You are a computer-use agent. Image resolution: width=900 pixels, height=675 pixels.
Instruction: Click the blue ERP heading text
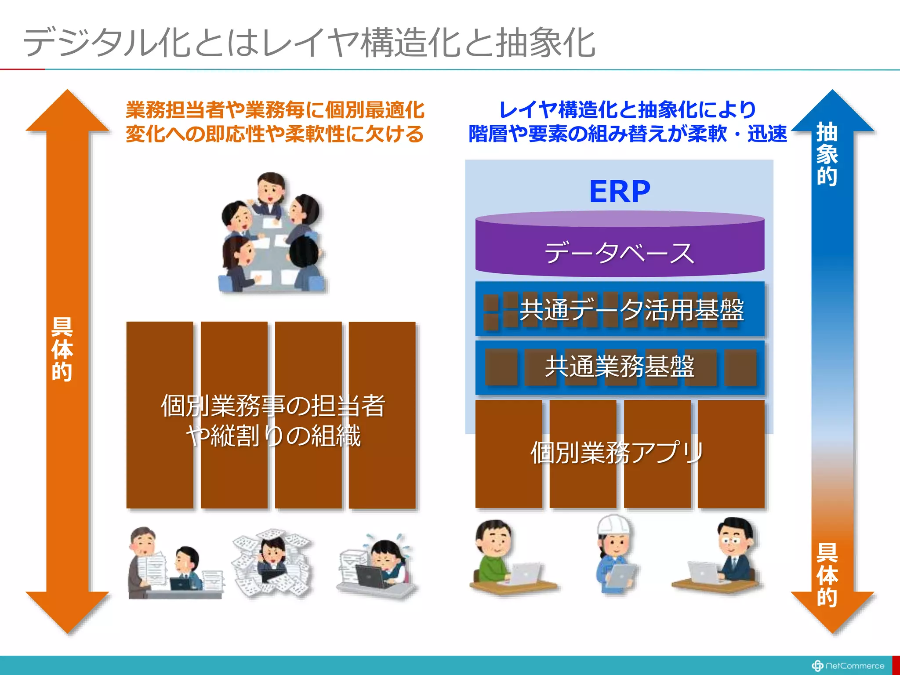[x=620, y=192]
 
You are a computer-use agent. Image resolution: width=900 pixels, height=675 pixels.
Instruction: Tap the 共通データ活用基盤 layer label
[x=631, y=310]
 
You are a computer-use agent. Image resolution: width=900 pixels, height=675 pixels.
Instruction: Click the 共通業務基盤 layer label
[x=620, y=367]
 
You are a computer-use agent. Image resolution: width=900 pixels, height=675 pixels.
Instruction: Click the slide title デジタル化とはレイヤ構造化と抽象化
[x=309, y=43]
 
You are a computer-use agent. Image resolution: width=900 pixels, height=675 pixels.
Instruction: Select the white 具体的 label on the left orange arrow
[x=62, y=349]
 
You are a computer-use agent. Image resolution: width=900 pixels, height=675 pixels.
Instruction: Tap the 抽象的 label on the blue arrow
[x=827, y=154]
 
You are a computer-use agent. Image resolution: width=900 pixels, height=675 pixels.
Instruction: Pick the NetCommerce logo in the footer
[x=848, y=666]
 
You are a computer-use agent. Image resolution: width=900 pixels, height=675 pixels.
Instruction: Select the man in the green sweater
[x=497, y=554]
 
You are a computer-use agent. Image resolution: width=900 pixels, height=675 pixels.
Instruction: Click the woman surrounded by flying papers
[x=272, y=562]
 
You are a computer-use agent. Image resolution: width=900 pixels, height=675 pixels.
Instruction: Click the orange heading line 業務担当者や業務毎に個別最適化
[x=275, y=110]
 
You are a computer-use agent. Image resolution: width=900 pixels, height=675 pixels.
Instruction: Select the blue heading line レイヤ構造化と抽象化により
[x=628, y=110]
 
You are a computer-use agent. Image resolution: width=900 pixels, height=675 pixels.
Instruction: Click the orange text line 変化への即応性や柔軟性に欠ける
[x=275, y=134]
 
